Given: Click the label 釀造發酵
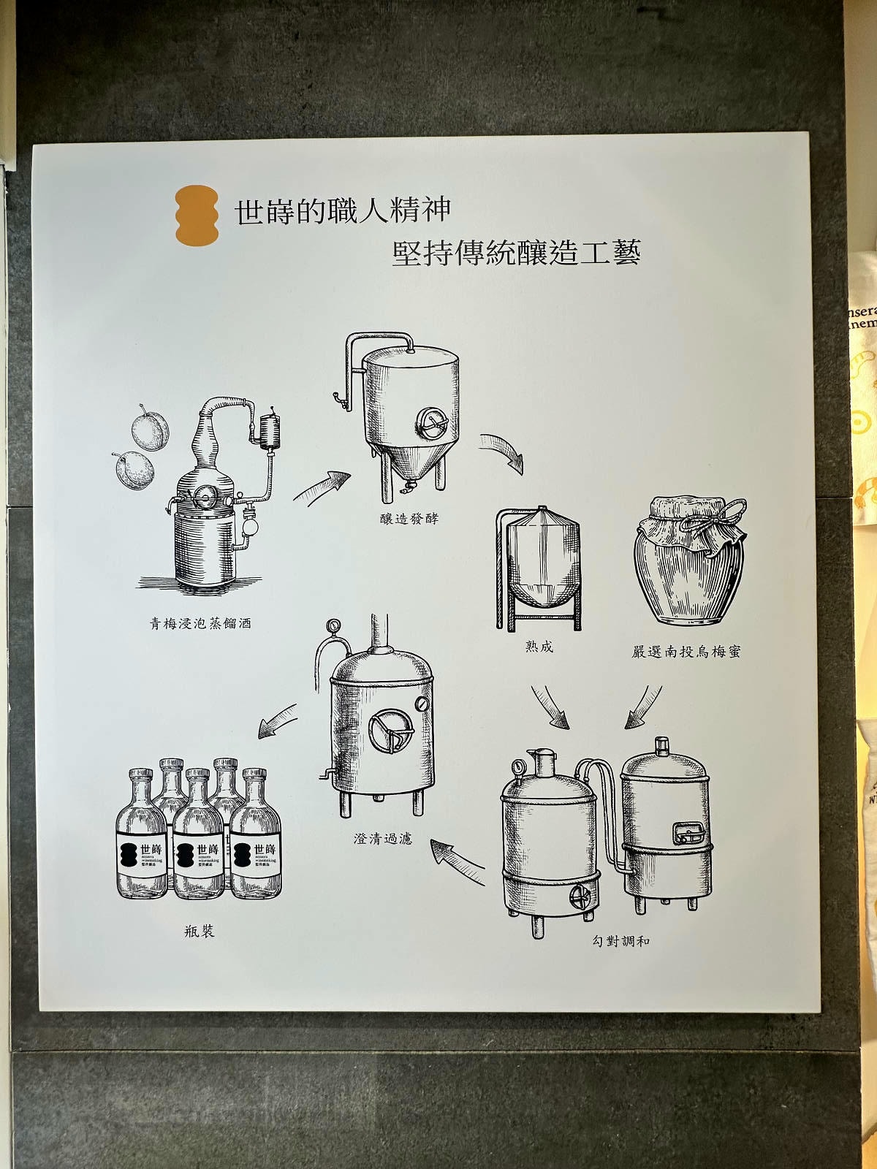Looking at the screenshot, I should point(409,519).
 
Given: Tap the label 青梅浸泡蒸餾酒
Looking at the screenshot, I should point(200,623).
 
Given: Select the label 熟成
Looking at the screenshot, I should point(539,646).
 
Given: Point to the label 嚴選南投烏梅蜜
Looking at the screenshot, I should point(686,651).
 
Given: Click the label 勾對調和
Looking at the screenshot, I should point(620,941).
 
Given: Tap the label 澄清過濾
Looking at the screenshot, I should point(383,838).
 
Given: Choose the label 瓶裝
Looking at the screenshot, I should point(200,931).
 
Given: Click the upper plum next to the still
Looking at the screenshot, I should point(151,431).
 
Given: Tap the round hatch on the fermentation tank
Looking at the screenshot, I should point(431,422).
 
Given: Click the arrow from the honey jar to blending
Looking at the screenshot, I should point(643,707).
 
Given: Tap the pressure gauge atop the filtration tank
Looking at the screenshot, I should point(333,625).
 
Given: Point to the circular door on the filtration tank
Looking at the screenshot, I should point(390,730).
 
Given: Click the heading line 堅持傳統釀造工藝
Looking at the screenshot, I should point(516,253).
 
